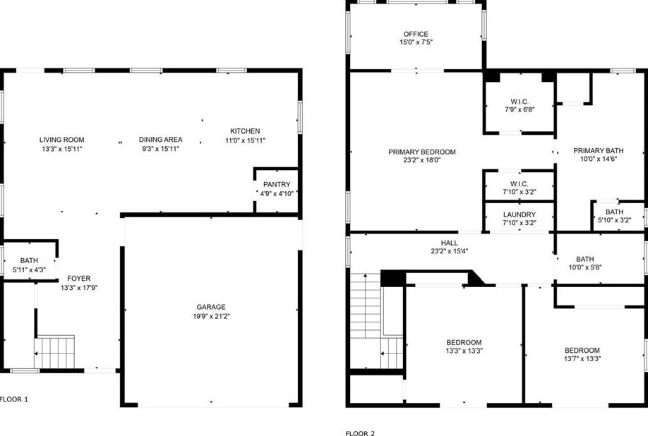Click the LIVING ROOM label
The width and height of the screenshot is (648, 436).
(x=61, y=140)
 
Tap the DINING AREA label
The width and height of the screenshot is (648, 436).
(x=160, y=140)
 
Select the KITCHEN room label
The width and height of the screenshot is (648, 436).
(x=245, y=131)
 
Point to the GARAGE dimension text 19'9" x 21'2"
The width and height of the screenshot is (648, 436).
(x=210, y=316)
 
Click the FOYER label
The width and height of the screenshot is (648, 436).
(x=78, y=278)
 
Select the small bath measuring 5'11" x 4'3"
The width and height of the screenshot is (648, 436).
(x=29, y=265)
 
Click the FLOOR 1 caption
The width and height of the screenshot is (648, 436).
(x=14, y=399)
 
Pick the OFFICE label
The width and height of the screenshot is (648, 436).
(x=415, y=34)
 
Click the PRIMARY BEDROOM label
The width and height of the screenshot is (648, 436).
(x=421, y=152)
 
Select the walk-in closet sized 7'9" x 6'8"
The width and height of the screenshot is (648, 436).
(x=520, y=106)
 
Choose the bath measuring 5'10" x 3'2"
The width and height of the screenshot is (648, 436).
(x=613, y=216)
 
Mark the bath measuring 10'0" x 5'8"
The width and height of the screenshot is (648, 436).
(x=584, y=262)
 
